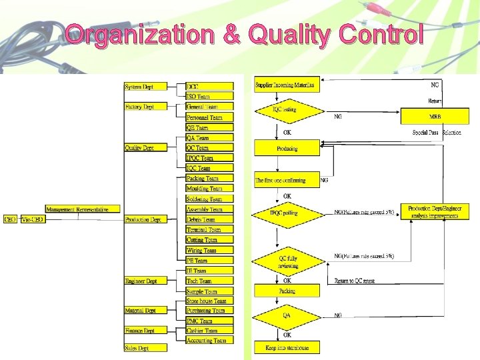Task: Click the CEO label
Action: tap(10, 219)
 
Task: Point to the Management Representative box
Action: tap(77, 209)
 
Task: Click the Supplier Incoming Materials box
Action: tap(286, 85)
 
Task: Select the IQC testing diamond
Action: tap(286, 110)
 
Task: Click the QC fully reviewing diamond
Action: tap(287, 261)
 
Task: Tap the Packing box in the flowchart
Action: tap(287, 291)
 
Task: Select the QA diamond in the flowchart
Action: tap(287, 315)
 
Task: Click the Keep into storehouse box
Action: tap(287, 347)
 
